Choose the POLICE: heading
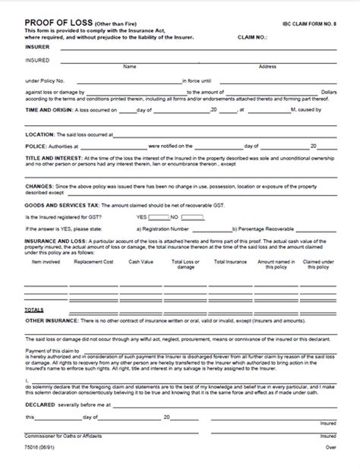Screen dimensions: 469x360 coord(36,146)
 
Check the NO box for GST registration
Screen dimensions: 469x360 coord(194,216)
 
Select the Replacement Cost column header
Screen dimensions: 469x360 coord(93,260)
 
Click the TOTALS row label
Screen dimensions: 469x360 coord(33,310)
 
